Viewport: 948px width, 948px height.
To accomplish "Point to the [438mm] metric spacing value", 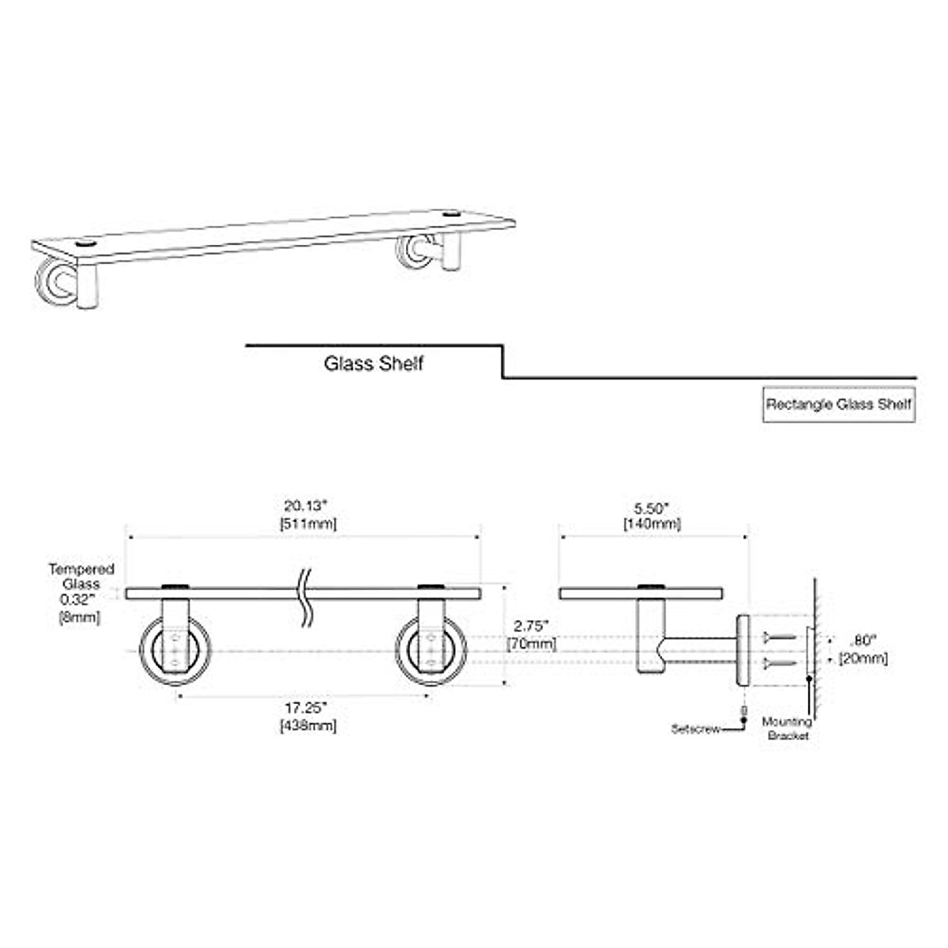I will pyautogui.click(x=307, y=725).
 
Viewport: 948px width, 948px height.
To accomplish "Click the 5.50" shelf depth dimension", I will pyautogui.click(x=652, y=507).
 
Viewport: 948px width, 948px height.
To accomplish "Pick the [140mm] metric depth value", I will pyautogui.click(x=652, y=523).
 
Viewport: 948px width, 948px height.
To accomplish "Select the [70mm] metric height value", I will pyautogui.click(x=531, y=643).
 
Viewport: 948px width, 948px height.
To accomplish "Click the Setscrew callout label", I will pyautogui.click(x=695, y=729).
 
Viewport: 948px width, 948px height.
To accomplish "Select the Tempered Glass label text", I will pyautogui.click(x=81, y=577).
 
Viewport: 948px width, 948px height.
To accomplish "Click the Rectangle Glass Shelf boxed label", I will pyautogui.click(x=838, y=404).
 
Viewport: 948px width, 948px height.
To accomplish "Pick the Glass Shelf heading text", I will pyautogui.click(x=374, y=364).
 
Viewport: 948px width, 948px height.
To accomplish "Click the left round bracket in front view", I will pyautogui.click(x=175, y=650).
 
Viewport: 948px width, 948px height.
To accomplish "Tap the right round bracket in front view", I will pyautogui.click(x=431, y=650).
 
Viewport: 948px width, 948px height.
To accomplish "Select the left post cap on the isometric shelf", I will pyautogui.click(x=85, y=243).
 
